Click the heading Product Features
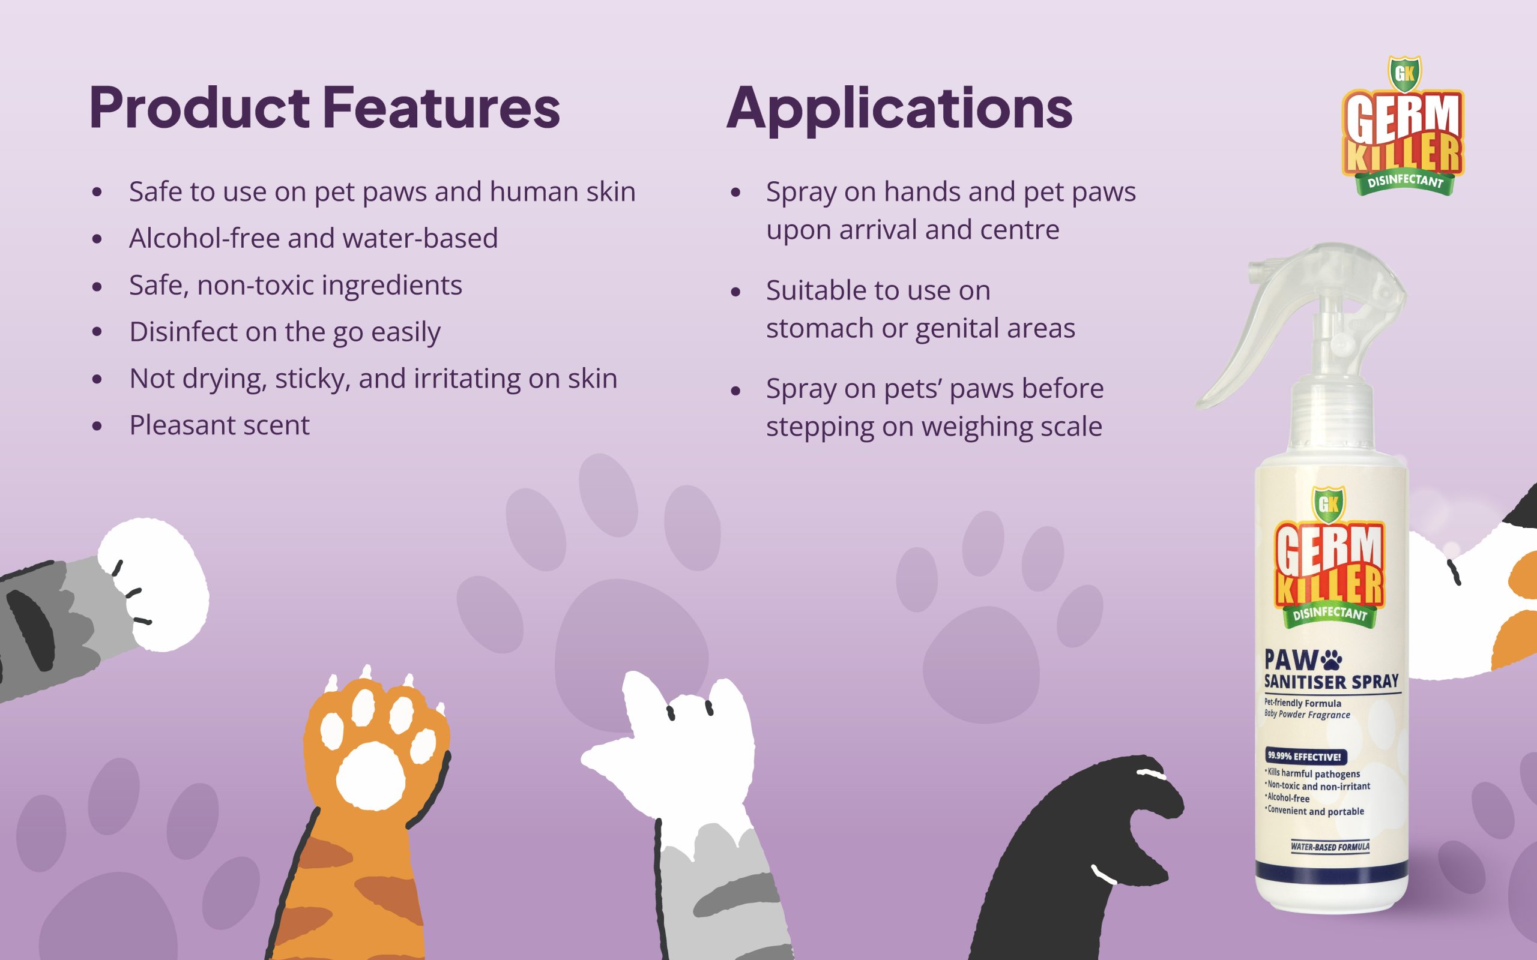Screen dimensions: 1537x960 pos(325,107)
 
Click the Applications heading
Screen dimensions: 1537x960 pos(899,110)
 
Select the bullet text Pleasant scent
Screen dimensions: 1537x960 pos(219,425)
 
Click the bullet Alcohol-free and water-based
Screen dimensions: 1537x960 pos(313,238)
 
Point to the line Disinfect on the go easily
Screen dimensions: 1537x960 pos(285,332)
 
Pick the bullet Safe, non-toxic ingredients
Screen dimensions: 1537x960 pos(295,285)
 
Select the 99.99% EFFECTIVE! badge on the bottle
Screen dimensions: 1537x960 pos(1305,756)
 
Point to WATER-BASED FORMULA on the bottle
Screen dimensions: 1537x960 pos(1330,847)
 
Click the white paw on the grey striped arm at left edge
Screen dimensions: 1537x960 pos(153,584)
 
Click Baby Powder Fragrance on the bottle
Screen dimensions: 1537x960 pos(1307,715)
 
